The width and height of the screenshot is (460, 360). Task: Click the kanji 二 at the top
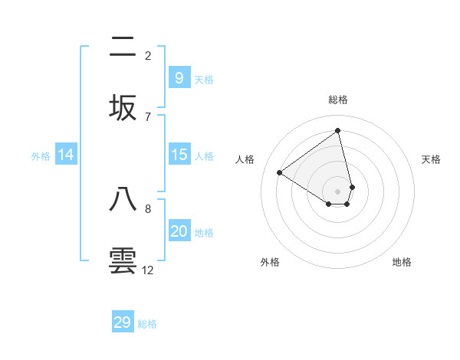coord(123,47)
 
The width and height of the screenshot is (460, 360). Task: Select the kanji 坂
coord(123,108)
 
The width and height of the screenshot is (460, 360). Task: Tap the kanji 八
coord(123,199)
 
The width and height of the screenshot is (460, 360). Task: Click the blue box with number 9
coord(179,77)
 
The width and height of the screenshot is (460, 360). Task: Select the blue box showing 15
coord(179,155)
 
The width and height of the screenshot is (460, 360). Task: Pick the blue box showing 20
coord(179,231)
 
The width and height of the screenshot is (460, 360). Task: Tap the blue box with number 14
coord(66,155)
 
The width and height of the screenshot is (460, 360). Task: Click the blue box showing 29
coord(123,322)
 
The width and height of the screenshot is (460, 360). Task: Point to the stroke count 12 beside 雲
coord(148,270)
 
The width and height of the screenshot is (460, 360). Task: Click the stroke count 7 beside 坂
coord(148,116)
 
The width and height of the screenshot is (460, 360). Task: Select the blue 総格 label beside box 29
coord(148,324)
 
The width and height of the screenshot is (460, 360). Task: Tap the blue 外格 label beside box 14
coord(41,156)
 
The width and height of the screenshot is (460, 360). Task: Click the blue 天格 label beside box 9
coord(204,79)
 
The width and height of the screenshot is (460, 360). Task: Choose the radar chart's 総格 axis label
coord(338,100)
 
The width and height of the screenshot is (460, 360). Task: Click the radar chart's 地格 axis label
coord(402,262)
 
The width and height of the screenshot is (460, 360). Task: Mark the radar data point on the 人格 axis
coord(279,173)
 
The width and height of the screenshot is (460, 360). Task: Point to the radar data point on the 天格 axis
coord(352,187)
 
